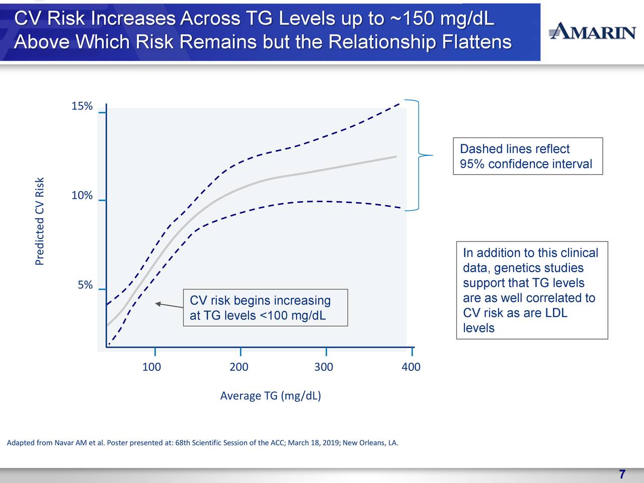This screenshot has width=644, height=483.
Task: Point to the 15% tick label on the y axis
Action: pos(82,106)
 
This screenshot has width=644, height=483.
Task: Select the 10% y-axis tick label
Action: pos(82,196)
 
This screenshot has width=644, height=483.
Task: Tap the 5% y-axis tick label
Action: pos(85,285)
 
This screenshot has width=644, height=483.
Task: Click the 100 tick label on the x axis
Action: pos(151,367)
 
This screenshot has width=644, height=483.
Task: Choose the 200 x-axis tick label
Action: pos(239,367)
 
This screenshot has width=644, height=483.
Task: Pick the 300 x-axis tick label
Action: pos(324,367)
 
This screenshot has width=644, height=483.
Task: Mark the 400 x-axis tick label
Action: pos(411,367)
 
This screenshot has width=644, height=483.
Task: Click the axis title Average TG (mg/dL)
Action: pos(271,396)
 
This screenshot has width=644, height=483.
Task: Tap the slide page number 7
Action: pos(622,474)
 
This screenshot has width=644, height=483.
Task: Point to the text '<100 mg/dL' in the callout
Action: pos(292,316)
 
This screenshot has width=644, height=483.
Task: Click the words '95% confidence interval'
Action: pos(526,164)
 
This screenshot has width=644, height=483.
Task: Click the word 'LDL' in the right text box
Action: pos(556,313)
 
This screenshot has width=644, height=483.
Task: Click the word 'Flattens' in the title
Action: pos(476,42)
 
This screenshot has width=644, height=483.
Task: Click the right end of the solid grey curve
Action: pos(395,157)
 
